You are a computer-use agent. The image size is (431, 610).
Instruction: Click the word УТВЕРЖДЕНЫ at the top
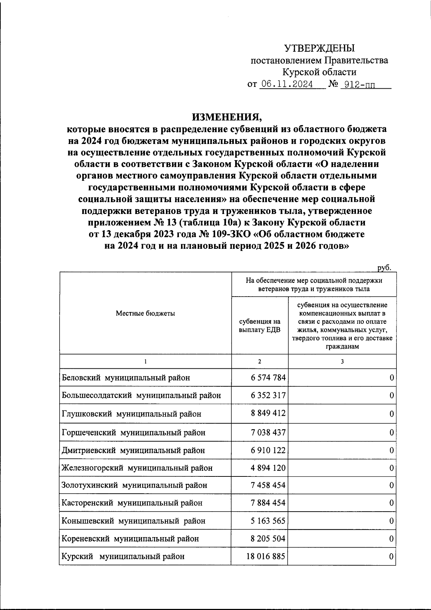pos(319,48)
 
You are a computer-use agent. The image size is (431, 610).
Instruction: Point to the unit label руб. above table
pos(384,267)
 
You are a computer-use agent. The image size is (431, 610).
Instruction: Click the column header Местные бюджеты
pos(145,313)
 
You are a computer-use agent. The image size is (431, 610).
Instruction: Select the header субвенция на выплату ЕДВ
pos(260,326)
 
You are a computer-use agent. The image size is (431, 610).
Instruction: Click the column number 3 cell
pos(342,362)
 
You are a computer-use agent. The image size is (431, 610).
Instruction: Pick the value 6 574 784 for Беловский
pos(268,378)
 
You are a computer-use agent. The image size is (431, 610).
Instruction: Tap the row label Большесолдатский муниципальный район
pos(141,396)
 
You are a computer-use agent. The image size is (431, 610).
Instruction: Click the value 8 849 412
pos(268,413)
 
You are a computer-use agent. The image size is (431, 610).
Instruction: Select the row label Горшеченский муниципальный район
pos(134,433)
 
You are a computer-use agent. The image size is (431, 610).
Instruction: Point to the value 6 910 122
pos(268,450)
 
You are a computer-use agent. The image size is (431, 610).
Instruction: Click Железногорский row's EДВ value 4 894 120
pos(268,468)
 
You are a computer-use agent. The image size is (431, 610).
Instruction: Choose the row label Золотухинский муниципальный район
pos(134,485)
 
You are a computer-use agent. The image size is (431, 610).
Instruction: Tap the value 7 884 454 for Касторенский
pos(268,503)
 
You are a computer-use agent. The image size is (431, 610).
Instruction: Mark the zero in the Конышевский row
pos(391,521)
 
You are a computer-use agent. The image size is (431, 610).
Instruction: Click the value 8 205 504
pos(268,539)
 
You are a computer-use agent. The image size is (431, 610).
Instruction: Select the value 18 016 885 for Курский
pos(266,557)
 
